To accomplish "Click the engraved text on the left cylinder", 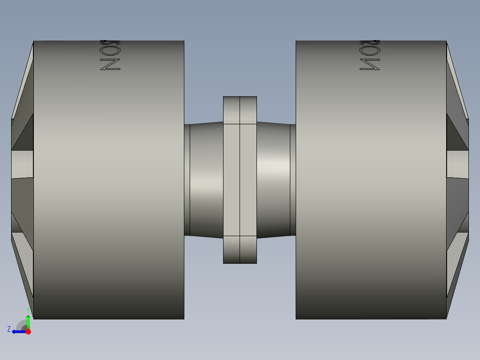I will click(110, 55).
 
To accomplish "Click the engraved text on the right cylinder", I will click(370, 55).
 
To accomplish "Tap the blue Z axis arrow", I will click(18, 331).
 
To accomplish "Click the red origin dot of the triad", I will click(28, 331).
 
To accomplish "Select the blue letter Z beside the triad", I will click(9, 329).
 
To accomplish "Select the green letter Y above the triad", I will click(28, 309).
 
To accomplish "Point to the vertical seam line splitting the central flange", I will click(240, 178).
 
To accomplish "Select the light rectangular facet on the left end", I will click(22, 164).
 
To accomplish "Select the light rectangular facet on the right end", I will click(457, 164).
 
